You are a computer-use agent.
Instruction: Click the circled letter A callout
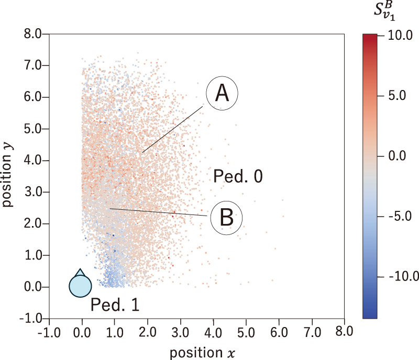tap(222, 94)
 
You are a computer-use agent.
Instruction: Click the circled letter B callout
tap(226, 216)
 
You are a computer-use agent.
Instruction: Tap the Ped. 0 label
tap(238, 177)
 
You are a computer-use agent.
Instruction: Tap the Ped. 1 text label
tap(115, 304)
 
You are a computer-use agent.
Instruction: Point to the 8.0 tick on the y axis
tap(32, 34)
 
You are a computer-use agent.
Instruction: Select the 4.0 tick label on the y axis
tap(32, 161)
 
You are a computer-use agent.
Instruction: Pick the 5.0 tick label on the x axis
tap(246, 332)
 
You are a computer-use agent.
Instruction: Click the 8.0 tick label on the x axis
tap(344, 332)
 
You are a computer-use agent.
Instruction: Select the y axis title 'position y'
tap(9, 175)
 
